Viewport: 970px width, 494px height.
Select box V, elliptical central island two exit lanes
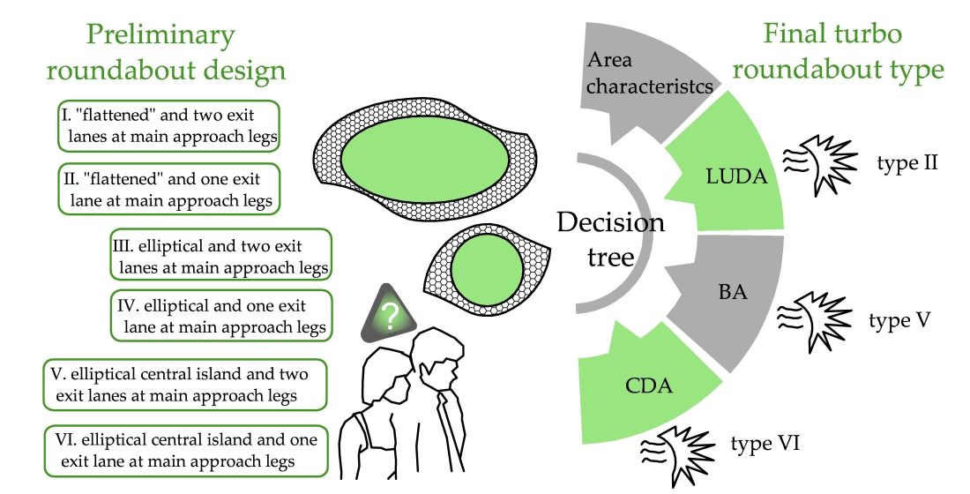coord(183,384)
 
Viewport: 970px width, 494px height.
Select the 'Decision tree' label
coord(610,238)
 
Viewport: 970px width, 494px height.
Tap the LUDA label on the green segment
coord(737,176)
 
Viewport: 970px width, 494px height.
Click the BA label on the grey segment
coord(732,290)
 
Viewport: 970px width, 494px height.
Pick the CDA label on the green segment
coord(648,385)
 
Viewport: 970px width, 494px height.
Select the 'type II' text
coord(907,163)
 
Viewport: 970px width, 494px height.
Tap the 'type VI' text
coord(765,443)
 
